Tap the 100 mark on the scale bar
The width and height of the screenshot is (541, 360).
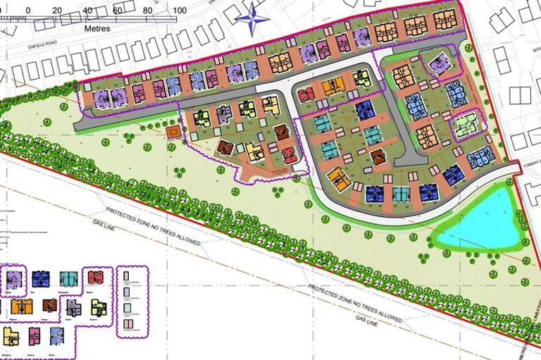click(x=179, y=11)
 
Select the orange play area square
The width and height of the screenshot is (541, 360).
click(x=171, y=132)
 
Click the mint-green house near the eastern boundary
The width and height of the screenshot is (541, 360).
click(x=464, y=126)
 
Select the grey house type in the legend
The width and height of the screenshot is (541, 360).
click(x=73, y=307)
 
